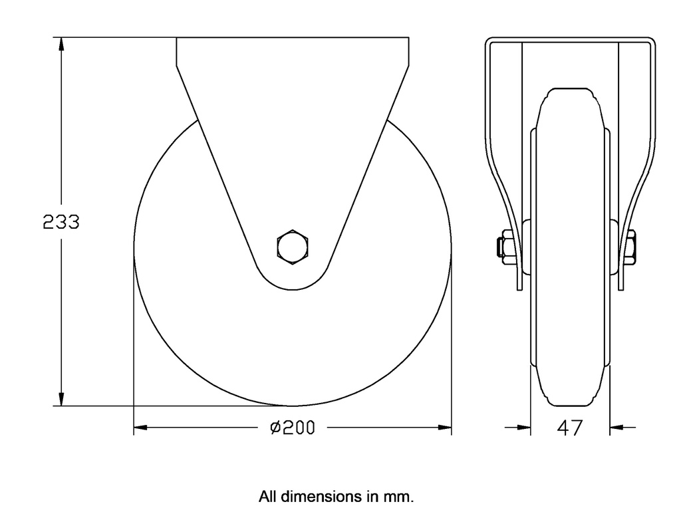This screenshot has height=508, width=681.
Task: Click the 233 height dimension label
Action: coord(61,221)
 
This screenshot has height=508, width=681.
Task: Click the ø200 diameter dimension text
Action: coord(293,428)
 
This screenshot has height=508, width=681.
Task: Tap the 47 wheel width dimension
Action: coord(569,428)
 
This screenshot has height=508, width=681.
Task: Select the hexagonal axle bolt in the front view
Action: coord(293,247)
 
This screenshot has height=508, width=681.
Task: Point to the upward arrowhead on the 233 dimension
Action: coord(61,45)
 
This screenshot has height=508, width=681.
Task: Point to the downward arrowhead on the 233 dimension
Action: coord(61,398)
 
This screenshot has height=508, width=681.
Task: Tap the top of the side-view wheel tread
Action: coord(569,88)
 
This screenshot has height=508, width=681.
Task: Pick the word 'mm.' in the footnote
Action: coord(402,496)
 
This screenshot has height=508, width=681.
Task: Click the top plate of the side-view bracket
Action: coord(569,41)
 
